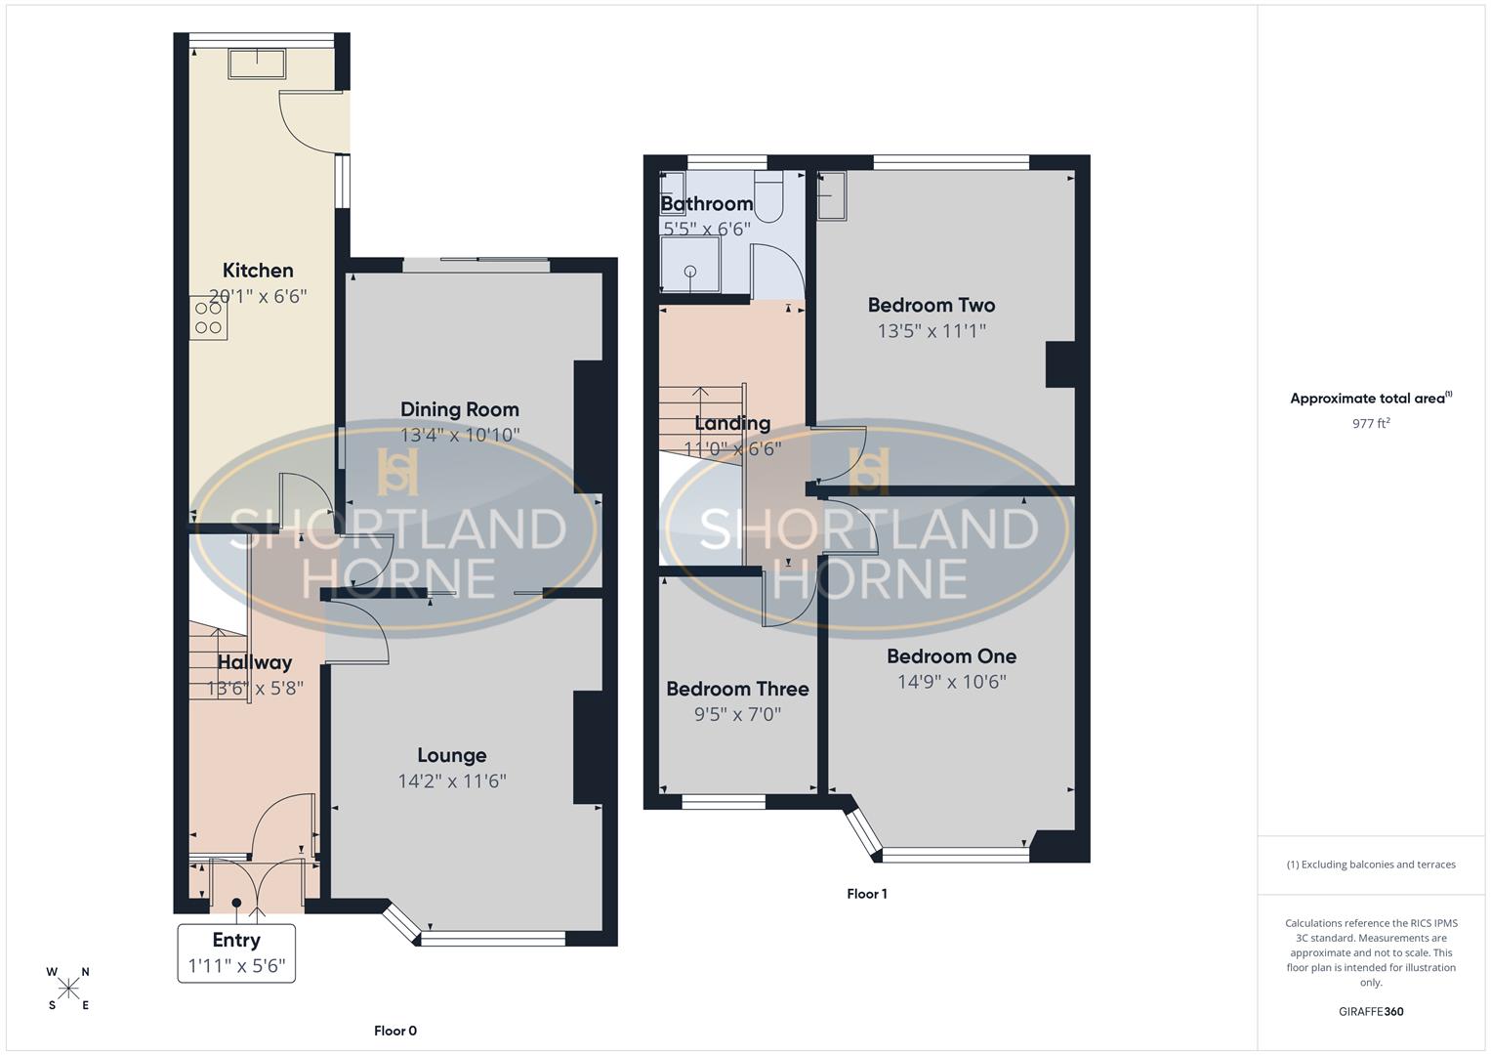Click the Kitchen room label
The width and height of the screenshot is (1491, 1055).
(258, 271)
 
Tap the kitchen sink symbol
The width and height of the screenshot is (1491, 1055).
(258, 63)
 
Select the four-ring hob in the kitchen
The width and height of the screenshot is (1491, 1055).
(209, 318)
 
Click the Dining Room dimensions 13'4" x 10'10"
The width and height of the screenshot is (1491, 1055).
(460, 435)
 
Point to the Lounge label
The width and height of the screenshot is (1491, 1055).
(451, 755)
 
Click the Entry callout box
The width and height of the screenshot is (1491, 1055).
(236, 952)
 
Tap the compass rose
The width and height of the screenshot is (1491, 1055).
(68, 989)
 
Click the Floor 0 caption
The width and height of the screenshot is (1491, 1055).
(395, 1031)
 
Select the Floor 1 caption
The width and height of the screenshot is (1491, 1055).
(867, 894)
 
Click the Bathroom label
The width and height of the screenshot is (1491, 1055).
(707, 203)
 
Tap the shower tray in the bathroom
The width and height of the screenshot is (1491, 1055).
(691, 266)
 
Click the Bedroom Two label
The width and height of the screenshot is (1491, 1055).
(932, 305)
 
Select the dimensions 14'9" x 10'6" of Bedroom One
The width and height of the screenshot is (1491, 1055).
(951, 682)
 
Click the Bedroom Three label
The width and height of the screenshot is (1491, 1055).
(737, 689)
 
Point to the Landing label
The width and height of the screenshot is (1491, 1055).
(732, 423)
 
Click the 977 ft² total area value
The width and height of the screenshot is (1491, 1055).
(1371, 424)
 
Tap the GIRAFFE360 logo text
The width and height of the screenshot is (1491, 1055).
(1371, 1012)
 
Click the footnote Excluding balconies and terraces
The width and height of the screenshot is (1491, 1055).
(1371, 865)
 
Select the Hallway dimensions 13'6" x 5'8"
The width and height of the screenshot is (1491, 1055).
(255, 688)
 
